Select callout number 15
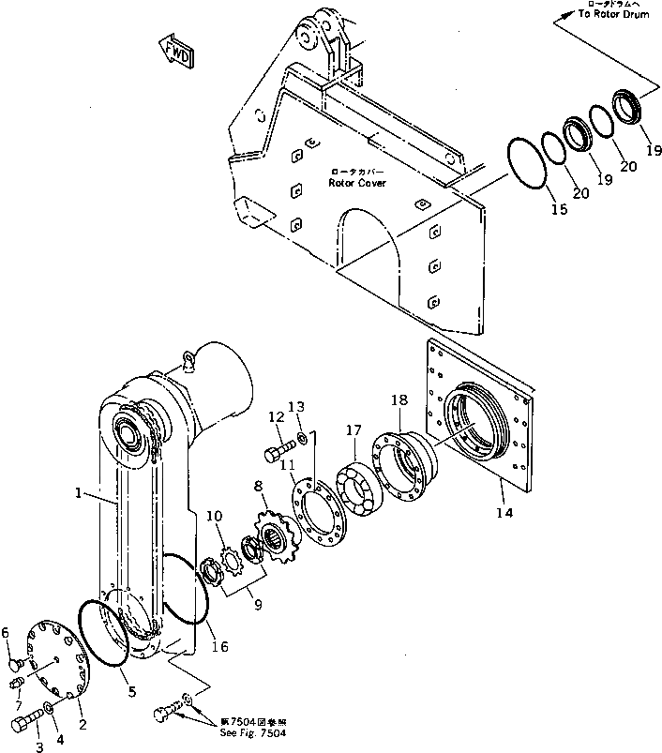point(558,210)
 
